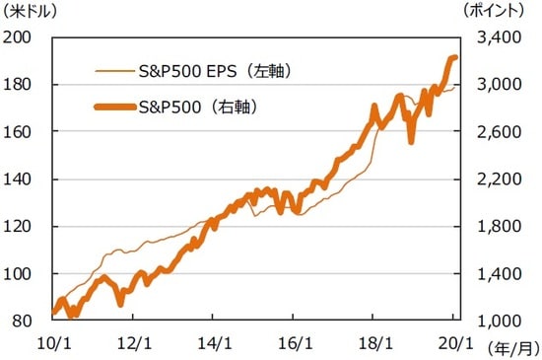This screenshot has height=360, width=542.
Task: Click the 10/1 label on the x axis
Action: coord(53,341)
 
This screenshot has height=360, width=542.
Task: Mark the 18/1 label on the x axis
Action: coord(373,341)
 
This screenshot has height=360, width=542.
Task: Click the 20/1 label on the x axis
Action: coord(453,341)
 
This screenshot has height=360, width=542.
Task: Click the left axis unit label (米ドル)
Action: coord(30,12)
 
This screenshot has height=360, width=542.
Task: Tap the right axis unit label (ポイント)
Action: coord(497,12)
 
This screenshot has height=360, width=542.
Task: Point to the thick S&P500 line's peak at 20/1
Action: coord(453,58)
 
